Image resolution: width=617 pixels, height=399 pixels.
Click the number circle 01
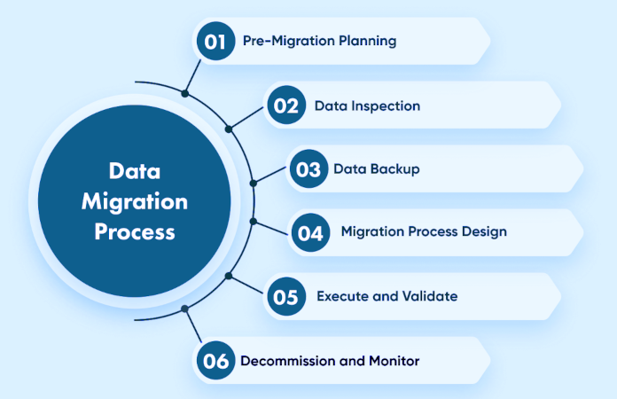tap(215, 41)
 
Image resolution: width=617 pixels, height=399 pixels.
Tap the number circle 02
tap(285, 106)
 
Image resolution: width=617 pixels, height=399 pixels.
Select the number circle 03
tap(308, 169)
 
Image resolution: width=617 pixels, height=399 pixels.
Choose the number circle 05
tap(285, 297)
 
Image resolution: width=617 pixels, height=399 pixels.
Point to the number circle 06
tap(215, 361)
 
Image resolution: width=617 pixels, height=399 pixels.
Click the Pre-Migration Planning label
tap(319, 41)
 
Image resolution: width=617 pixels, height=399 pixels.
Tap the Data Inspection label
tap(367, 106)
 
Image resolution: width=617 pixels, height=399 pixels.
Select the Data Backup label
tap(377, 169)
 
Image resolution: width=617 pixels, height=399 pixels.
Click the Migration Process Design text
tap(424, 232)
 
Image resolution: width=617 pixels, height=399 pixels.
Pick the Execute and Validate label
tap(387, 296)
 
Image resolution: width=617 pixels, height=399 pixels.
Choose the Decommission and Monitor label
tap(330, 361)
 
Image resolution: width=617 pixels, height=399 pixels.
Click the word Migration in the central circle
tap(135, 201)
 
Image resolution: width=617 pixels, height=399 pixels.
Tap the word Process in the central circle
tap(135, 232)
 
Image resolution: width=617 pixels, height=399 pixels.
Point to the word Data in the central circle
tap(135, 170)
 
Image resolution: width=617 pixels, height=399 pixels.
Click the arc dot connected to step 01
tap(184, 92)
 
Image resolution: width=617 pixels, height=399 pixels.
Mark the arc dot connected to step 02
tap(229, 129)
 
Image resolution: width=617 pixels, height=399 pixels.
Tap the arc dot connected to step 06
tap(184, 309)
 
